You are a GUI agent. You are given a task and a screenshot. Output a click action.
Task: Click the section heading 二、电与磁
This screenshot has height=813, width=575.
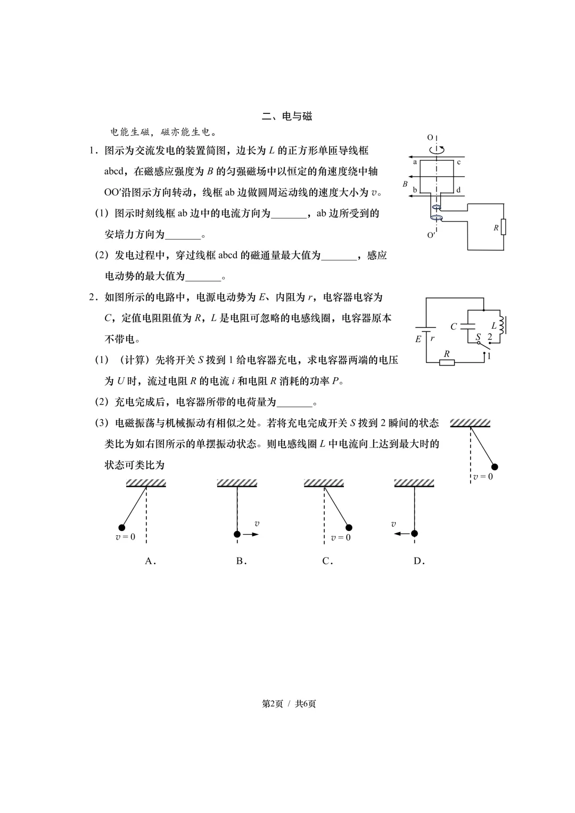(287, 116)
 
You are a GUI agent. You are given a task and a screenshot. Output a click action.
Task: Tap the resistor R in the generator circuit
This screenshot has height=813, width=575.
(503, 227)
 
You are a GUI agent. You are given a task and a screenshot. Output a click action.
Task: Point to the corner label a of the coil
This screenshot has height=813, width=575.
(415, 162)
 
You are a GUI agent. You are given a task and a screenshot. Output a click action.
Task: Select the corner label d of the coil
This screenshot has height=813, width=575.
(458, 190)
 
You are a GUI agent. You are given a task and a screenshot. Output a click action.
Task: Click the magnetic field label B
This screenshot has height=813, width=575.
(405, 184)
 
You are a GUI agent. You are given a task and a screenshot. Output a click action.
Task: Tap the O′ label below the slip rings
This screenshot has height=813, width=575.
(431, 235)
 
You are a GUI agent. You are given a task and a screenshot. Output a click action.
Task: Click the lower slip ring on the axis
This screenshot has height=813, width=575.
(437, 218)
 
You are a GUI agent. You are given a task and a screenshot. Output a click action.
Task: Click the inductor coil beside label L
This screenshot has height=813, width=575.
(502, 325)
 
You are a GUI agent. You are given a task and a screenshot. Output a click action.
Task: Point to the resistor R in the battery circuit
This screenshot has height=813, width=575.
(447, 362)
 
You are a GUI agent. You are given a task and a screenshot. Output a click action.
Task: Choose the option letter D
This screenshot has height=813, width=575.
(419, 561)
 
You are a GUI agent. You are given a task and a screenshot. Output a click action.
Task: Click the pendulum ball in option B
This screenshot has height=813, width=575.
(237, 534)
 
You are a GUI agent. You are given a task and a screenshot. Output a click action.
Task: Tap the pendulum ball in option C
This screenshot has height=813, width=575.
(349, 528)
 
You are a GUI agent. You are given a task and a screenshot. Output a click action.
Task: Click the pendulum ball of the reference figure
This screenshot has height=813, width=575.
(494, 467)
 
